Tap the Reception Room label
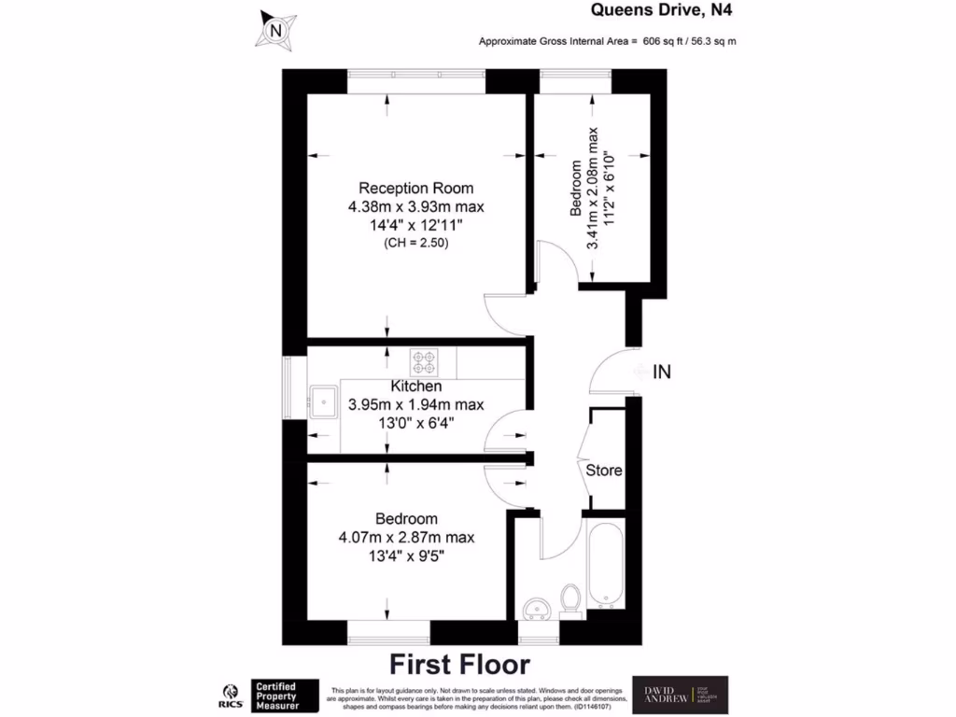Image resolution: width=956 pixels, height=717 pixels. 416,188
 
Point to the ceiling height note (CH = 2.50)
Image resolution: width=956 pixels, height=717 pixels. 416,243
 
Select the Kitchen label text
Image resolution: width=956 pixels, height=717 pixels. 416,386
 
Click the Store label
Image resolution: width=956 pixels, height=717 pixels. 604,471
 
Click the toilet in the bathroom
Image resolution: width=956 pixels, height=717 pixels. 569,599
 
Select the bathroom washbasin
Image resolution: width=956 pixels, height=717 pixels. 534,609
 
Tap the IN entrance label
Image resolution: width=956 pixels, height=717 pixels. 662,373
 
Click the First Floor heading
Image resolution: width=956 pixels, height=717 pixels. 459,665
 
